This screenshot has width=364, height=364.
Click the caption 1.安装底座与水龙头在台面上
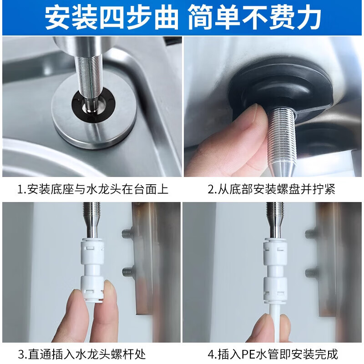[93, 189]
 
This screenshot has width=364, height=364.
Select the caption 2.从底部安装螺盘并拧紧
[272, 189]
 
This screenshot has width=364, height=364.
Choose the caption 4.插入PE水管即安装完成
[272, 353]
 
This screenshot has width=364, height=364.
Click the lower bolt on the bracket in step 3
[127, 273]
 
